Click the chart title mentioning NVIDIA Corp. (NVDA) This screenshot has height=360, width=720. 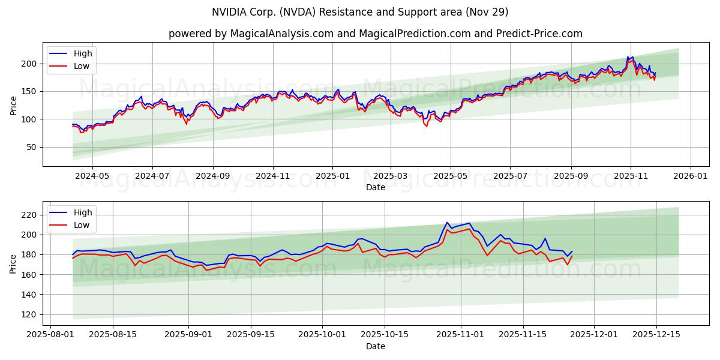360,12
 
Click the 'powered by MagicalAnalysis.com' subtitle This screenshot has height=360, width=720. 375,34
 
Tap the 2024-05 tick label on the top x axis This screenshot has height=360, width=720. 92,176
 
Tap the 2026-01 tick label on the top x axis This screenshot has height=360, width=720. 691,176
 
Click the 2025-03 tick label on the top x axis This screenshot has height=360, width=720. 391,176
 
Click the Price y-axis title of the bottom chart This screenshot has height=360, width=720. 13,263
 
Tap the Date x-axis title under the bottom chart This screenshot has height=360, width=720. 375,346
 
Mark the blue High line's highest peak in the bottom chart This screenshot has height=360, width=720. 447,223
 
